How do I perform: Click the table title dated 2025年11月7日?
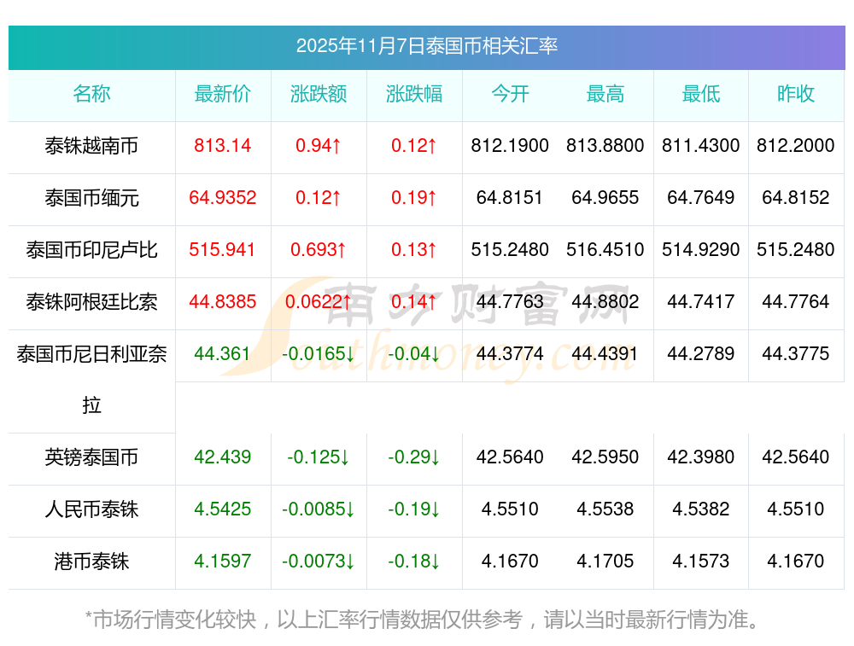[426, 46]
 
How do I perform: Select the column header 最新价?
[223, 95]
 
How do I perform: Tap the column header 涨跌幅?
[414, 95]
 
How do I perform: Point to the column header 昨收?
[796, 95]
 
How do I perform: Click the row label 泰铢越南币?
[91, 147]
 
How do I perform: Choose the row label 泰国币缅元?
[91, 199]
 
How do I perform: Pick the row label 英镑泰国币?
[91, 458]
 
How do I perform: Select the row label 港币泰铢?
[91, 562]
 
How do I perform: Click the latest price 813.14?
[223, 146]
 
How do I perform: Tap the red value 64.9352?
[223, 198]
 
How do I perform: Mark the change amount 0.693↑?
[319, 250]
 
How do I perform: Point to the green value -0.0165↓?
[319, 354]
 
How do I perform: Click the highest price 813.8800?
[605, 146]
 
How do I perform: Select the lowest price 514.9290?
[701, 250]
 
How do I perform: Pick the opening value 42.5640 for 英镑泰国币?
[510, 457]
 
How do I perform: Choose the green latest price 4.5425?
[223, 509]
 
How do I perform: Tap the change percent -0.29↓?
[414, 457]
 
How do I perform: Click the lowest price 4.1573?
[701, 562]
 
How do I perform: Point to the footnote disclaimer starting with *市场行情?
[423, 620]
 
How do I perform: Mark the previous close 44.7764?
[796, 302]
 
